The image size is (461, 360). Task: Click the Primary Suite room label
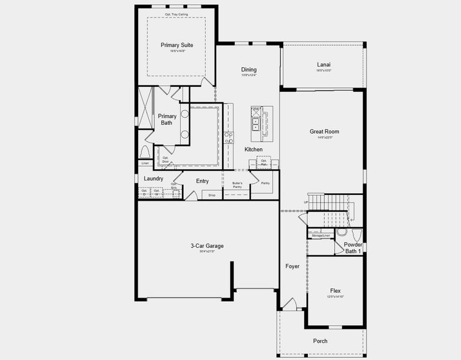tap(173, 45)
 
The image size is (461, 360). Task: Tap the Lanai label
tap(324, 65)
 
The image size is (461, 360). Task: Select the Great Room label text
tap(324, 131)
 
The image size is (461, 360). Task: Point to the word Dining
tap(249, 70)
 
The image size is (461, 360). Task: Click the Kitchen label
tap(253, 149)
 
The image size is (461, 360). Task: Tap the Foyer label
tap(292, 266)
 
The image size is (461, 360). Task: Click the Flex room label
tap(335, 290)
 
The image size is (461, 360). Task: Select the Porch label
tap(321, 341)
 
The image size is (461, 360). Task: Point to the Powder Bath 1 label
tap(352, 247)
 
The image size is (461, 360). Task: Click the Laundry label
tap(154, 179)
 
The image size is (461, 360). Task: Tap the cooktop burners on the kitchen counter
tap(229, 138)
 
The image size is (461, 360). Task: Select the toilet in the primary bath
tap(145, 151)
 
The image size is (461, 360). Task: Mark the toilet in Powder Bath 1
tap(342, 232)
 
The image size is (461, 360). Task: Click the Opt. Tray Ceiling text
tap(175, 13)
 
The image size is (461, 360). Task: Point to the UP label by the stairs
tap(306, 203)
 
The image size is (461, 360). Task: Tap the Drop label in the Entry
tap(212, 195)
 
